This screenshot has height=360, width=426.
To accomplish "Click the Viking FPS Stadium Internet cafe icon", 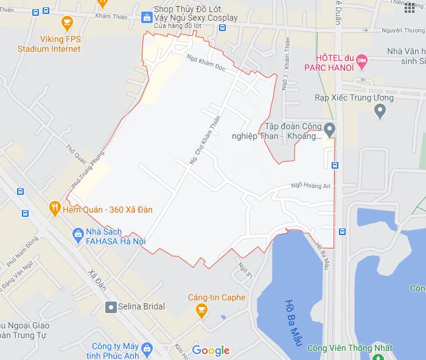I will click(x=67, y=24).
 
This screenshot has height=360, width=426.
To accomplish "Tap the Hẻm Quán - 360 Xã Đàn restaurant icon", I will click(x=55, y=208).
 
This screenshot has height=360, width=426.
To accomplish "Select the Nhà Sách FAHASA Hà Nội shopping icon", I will click(x=77, y=233).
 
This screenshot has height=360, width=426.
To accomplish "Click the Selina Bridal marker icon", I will click(x=110, y=306).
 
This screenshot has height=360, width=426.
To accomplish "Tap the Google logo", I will click(x=211, y=350).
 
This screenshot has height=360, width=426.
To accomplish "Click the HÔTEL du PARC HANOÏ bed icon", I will click(x=363, y=60).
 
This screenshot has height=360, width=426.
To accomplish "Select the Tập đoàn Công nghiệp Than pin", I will click(x=329, y=129).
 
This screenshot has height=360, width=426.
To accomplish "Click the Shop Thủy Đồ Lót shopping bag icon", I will click(x=147, y=18).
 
